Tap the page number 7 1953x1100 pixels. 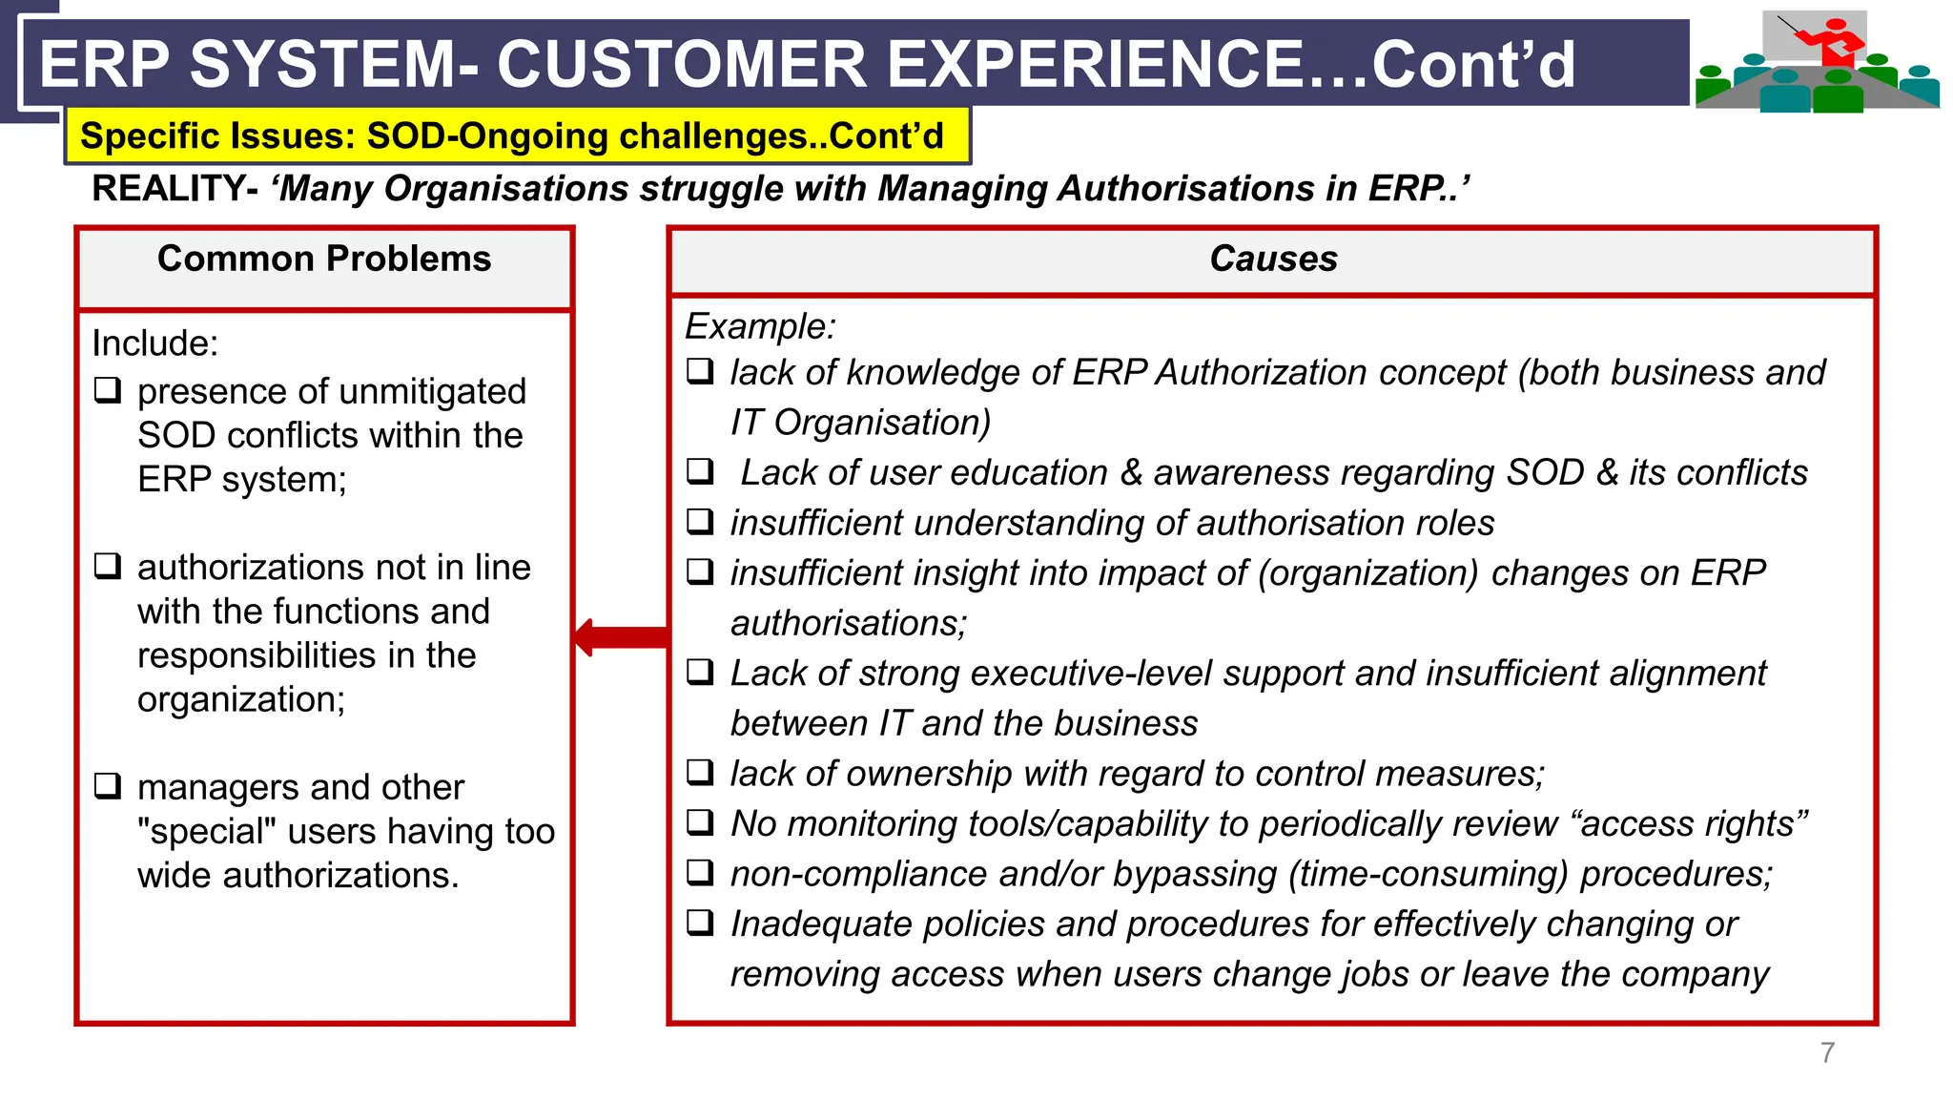click(1827, 1052)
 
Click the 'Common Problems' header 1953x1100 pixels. click(324, 259)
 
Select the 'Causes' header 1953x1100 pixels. click(1273, 259)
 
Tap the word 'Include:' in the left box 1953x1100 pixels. click(154, 343)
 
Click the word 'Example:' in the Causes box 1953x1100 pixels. click(760, 326)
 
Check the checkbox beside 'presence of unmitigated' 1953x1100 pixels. click(108, 390)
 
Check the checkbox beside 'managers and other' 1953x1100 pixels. click(108, 786)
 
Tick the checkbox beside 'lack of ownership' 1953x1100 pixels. click(701, 772)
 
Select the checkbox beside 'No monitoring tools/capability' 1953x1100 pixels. click(701, 822)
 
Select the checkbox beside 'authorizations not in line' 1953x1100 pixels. click(108, 566)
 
